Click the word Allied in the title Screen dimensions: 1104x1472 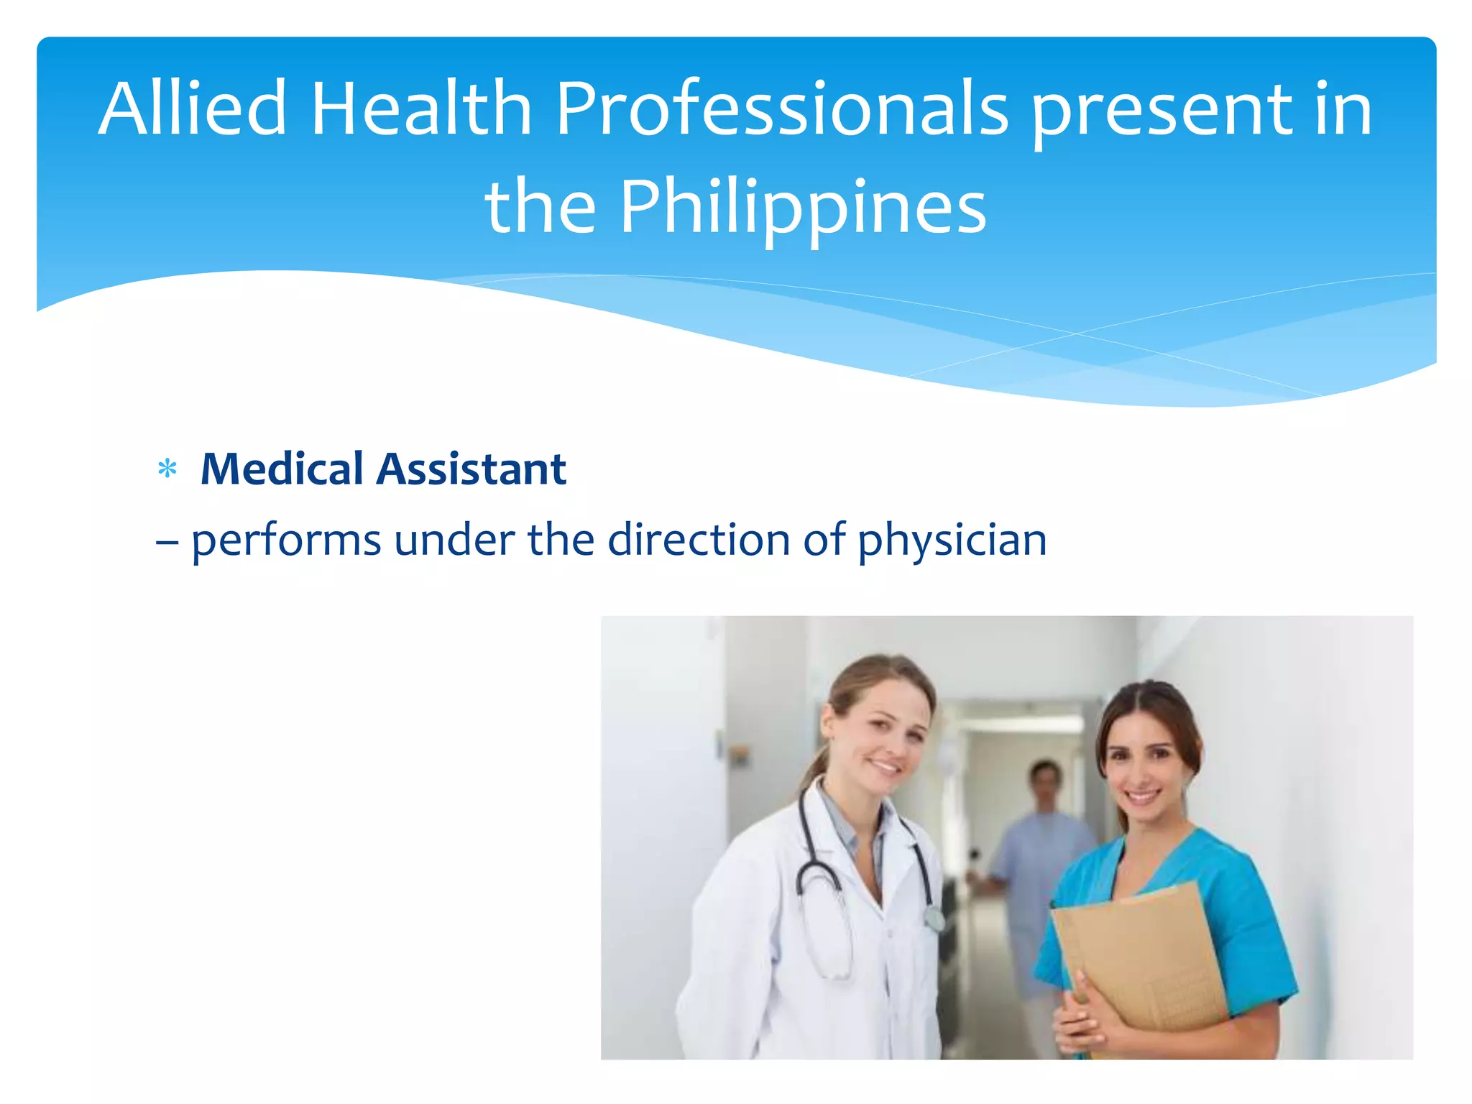click(x=193, y=109)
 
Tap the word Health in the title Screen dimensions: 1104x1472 click(x=421, y=109)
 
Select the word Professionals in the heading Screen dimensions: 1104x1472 click(x=782, y=109)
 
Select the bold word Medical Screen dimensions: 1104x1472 click(x=282, y=469)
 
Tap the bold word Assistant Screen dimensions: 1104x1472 click(x=471, y=469)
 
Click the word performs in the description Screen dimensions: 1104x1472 click(x=286, y=540)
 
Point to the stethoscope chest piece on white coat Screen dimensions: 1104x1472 click(x=934, y=918)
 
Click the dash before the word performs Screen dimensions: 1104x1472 click(x=167, y=540)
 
